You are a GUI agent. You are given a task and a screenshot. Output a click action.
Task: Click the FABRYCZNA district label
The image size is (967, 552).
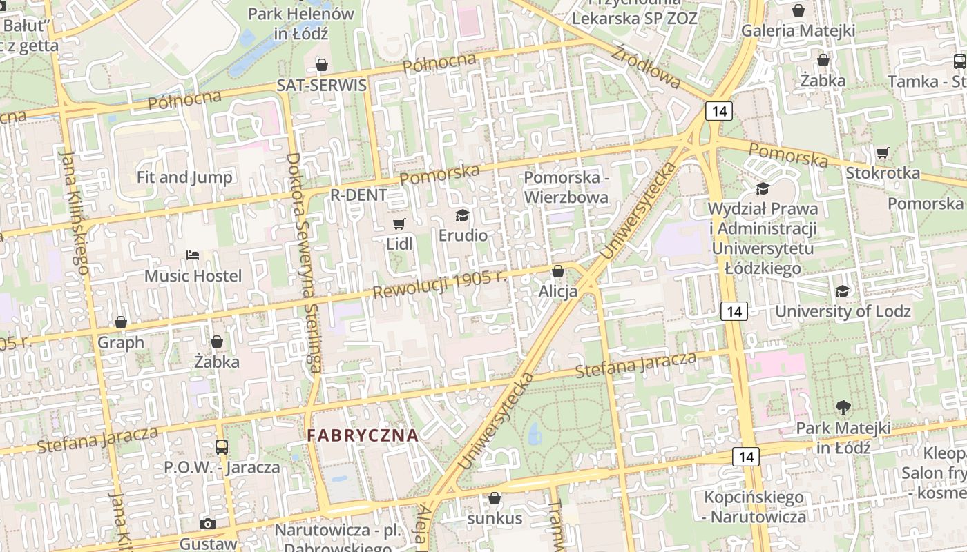[363, 435]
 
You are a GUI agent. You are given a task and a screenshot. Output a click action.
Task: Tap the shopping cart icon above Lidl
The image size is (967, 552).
[399, 224]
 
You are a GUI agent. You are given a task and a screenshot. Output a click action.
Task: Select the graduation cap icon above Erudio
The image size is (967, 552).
[462, 215]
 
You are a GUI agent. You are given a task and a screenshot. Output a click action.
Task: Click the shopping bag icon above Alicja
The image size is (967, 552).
[558, 271]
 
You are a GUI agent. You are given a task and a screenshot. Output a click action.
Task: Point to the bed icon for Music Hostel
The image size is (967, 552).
[193, 255]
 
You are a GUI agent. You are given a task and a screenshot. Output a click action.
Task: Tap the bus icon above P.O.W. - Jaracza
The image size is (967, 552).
[221, 446]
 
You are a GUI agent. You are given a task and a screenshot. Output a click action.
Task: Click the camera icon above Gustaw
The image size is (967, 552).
[207, 524]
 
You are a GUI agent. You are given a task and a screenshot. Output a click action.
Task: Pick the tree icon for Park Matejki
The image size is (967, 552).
[843, 407]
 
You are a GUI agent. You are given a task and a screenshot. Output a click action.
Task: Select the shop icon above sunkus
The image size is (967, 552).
[495, 497]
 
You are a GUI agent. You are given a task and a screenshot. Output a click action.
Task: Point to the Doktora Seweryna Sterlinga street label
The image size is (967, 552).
[303, 262]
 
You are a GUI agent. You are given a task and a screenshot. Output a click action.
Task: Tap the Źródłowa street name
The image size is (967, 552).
[647, 66]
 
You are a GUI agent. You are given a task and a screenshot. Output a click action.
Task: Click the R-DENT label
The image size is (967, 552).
[358, 195]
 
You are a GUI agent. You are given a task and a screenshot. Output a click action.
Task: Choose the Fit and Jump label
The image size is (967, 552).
[184, 177]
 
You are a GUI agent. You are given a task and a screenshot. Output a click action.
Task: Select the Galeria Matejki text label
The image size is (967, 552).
[798, 31]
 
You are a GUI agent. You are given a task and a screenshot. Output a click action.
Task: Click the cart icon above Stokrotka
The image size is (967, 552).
[882, 152]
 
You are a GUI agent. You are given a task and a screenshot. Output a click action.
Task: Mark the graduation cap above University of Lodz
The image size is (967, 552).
[842, 291]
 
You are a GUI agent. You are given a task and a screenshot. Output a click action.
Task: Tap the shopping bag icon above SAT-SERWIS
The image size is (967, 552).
[321, 65]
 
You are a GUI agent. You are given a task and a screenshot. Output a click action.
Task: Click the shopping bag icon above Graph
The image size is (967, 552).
[121, 322]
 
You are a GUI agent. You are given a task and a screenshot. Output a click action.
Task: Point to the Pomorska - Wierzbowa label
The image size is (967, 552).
[566, 187]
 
